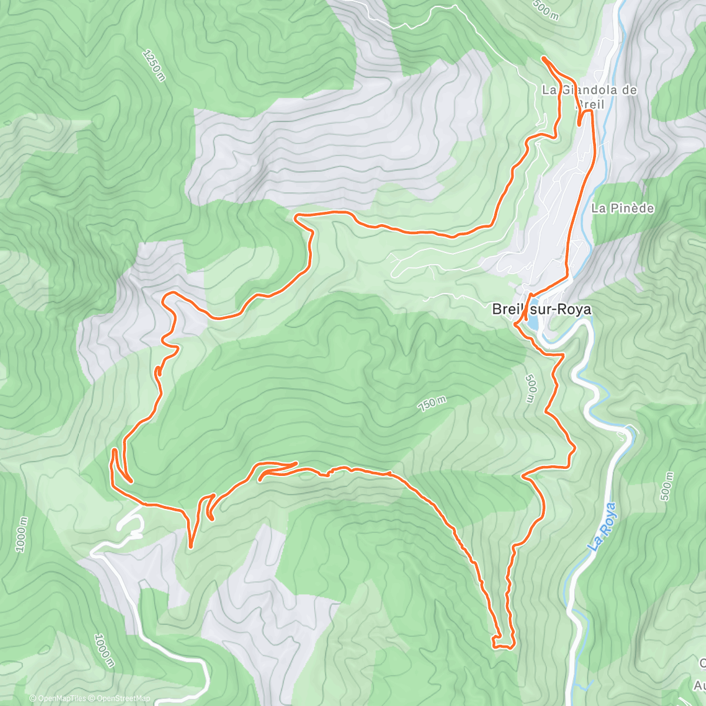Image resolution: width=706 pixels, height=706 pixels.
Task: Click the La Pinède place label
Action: [x=622, y=208]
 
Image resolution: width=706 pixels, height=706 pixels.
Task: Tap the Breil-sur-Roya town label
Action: [x=541, y=309]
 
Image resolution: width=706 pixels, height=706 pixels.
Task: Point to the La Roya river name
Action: [x=603, y=527]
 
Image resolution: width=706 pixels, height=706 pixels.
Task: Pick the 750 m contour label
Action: [x=432, y=404]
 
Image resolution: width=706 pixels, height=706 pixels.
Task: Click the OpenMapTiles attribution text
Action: [x=62, y=698]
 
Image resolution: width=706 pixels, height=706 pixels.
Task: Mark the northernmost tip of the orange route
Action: [x=543, y=58]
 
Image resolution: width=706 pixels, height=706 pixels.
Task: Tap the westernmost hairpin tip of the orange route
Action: [x=113, y=452]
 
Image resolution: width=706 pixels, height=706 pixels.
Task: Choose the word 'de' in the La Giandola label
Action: [x=630, y=90]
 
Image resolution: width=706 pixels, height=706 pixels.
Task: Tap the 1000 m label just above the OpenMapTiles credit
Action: [x=104, y=651]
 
